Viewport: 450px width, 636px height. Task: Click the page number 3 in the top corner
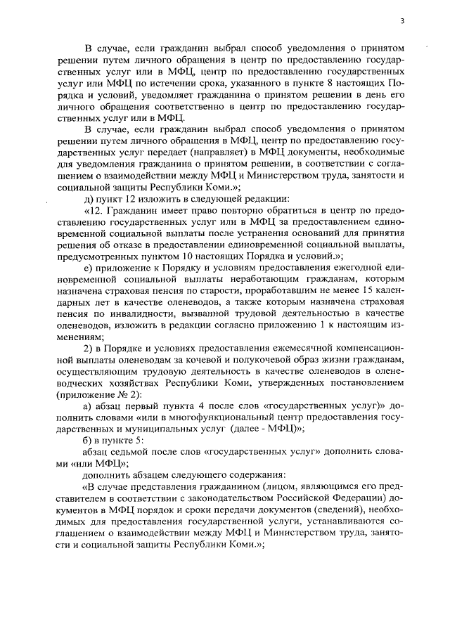[402, 20]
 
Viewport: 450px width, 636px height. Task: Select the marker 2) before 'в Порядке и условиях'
[88, 351]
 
